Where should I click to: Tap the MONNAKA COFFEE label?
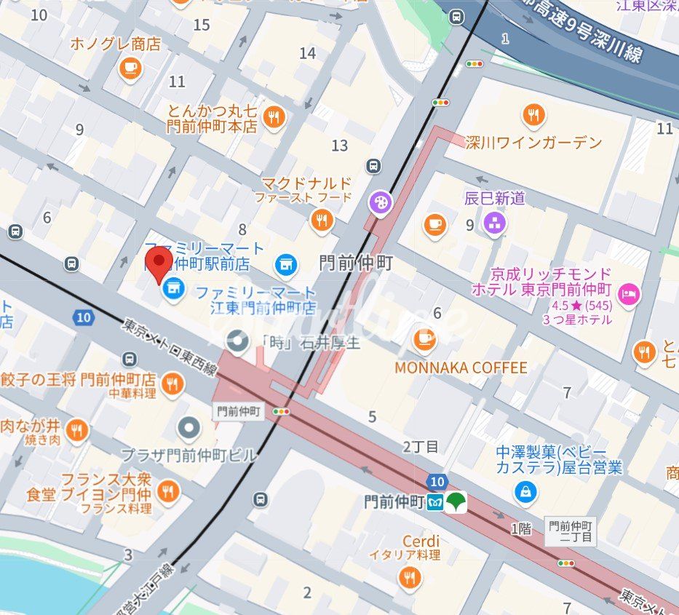click(x=460, y=368)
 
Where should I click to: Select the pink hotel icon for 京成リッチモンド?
click(x=627, y=293)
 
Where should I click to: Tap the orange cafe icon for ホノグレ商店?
click(x=130, y=68)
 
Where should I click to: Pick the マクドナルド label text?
click(x=306, y=183)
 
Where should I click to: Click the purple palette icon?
click(x=380, y=203)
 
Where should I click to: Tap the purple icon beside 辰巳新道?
click(x=495, y=223)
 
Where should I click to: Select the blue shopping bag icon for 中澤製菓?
click(x=525, y=493)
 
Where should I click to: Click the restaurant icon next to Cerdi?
click(x=410, y=577)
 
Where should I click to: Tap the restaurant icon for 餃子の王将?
click(x=172, y=383)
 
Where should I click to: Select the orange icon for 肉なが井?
click(x=76, y=431)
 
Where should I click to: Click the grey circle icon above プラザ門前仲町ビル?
click(x=188, y=429)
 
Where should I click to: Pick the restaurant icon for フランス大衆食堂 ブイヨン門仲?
click(x=168, y=491)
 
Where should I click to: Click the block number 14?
click(x=307, y=53)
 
